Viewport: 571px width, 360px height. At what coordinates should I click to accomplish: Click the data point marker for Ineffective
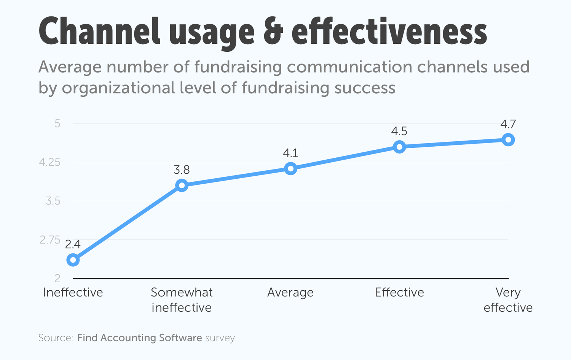point(73,260)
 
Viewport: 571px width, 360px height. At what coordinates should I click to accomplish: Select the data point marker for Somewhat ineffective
point(182,186)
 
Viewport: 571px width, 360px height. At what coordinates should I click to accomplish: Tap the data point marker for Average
point(290,168)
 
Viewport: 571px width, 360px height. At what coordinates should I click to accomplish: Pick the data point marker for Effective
point(399,147)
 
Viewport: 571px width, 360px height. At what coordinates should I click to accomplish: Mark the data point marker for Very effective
point(508,140)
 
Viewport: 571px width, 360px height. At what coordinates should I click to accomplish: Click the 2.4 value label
point(73,244)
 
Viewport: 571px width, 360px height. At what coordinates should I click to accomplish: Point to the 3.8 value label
point(182,170)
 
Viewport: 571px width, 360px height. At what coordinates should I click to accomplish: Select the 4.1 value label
point(290,153)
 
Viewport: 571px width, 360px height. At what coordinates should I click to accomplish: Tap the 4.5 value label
point(399,131)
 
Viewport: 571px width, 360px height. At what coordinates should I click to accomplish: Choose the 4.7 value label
point(508,124)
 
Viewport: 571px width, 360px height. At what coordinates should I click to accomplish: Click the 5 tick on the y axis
point(57,123)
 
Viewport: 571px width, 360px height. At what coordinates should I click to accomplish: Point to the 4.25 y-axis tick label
point(50,162)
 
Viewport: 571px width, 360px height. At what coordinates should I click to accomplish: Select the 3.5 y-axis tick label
point(53,201)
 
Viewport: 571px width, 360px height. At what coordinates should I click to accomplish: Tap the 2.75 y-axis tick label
point(50,240)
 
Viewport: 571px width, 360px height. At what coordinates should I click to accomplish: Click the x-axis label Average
point(290,293)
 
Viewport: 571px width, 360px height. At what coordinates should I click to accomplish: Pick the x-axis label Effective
point(399,293)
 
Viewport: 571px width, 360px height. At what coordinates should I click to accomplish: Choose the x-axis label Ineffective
point(73,293)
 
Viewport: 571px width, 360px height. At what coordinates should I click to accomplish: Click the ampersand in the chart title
point(273,32)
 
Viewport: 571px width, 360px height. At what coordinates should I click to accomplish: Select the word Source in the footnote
point(55,338)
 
